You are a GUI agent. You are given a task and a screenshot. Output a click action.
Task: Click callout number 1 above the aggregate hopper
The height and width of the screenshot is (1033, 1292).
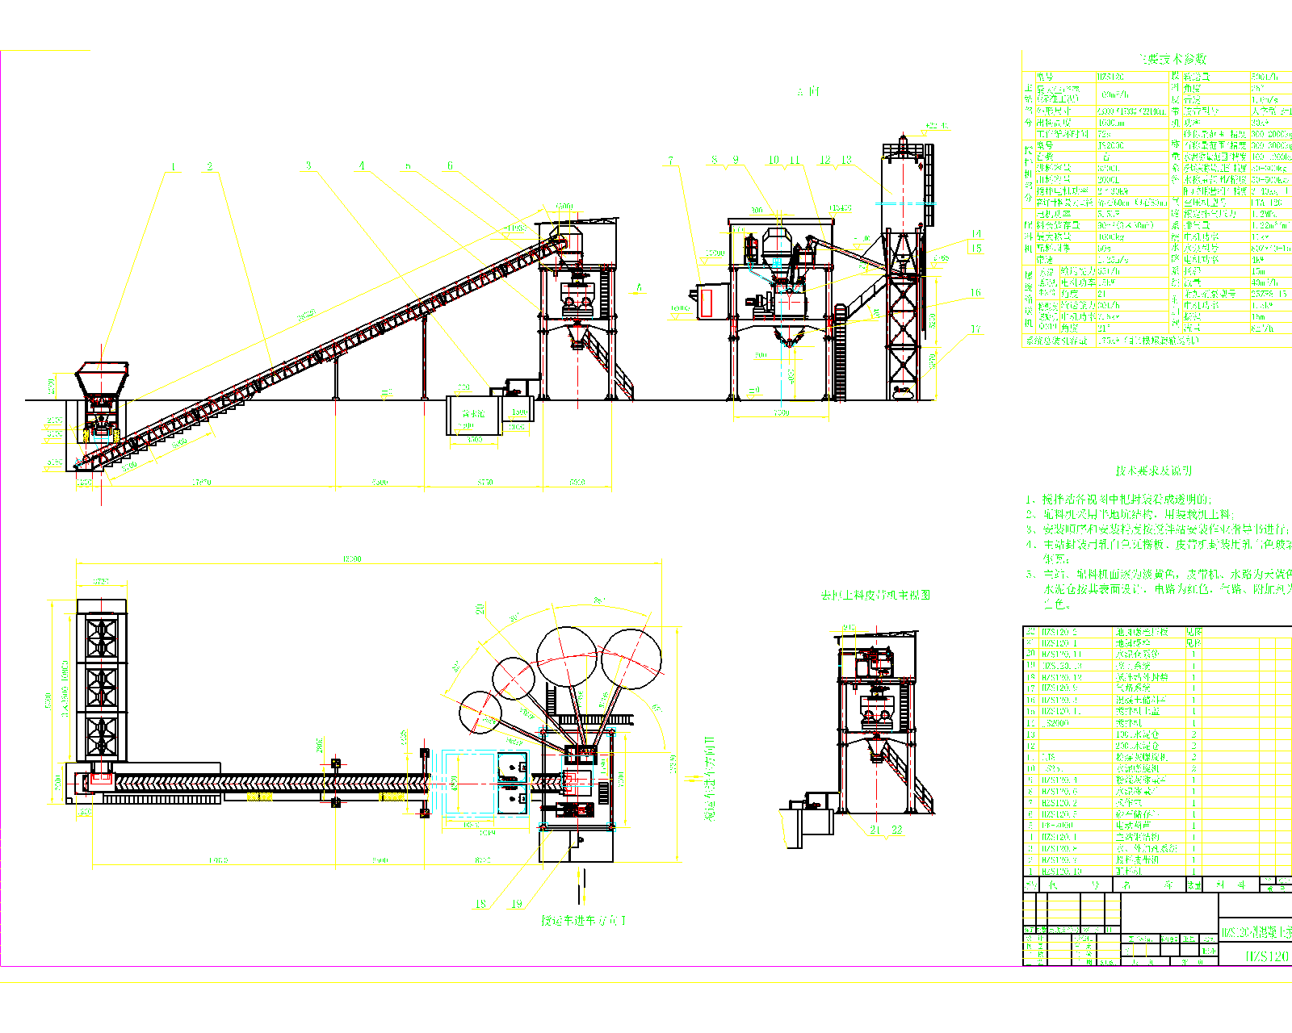pos(173,167)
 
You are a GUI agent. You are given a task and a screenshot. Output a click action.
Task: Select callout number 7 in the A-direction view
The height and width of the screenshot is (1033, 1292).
pos(670,161)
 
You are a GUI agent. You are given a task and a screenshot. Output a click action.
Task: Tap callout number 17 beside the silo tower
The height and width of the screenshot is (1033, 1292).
pos(975,329)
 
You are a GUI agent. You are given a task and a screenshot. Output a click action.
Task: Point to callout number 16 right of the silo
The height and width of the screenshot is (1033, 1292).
pos(975,293)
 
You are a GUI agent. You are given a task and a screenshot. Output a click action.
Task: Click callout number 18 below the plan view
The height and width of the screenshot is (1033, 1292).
pos(480,904)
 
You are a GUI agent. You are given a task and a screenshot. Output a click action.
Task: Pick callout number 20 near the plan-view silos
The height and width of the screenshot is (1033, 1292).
pos(480,609)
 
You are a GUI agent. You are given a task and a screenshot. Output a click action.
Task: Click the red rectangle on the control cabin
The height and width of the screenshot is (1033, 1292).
pos(707,303)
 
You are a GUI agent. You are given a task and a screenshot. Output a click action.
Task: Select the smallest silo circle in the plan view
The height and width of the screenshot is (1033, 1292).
pos(479,713)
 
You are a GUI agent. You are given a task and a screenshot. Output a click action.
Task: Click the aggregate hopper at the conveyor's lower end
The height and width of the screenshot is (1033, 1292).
pos(102,378)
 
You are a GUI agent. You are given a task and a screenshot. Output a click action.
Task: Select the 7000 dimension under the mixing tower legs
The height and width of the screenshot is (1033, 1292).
pos(781,413)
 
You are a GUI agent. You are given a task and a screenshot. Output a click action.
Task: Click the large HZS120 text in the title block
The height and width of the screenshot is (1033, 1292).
pos(1266,956)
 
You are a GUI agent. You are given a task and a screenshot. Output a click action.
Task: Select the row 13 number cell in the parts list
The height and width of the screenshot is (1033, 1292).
pos(1030,734)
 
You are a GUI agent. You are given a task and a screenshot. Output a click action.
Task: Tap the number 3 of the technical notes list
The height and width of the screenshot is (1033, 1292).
pos(1030,529)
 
